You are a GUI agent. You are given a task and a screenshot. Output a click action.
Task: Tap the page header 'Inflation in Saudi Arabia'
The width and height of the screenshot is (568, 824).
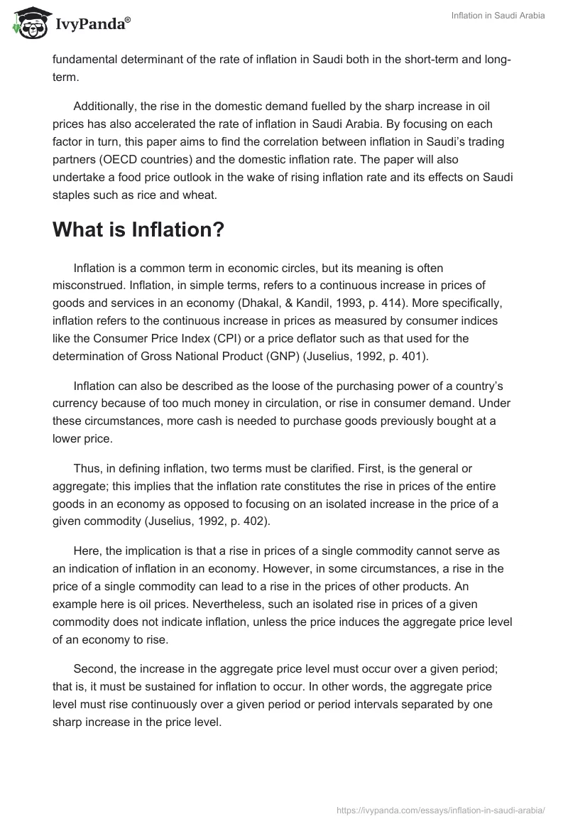498,16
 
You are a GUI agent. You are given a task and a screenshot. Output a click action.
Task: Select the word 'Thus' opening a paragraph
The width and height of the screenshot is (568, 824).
87,468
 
